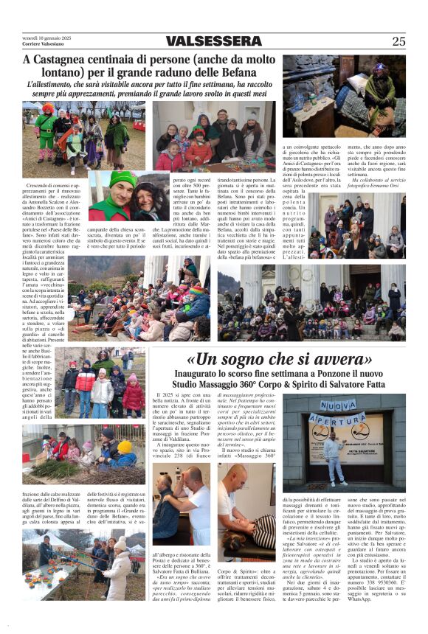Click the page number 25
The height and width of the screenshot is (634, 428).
398,41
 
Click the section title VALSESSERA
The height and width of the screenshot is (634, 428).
214,41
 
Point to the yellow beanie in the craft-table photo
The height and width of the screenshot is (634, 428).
124,447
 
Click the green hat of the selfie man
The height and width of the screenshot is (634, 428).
103,180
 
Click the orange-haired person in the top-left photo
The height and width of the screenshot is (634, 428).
47,109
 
